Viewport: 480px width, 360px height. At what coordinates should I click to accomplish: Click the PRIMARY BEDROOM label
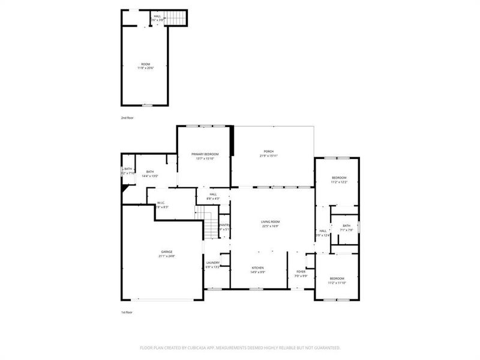click(x=205, y=154)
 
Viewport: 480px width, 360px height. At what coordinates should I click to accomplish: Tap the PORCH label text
click(x=268, y=151)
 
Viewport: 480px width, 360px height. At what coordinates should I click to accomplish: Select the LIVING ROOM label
click(x=270, y=221)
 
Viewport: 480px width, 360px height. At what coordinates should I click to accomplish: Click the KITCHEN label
click(x=257, y=268)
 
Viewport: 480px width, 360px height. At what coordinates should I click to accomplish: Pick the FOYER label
click(x=301, y=272)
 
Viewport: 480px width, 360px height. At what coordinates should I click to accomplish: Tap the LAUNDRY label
click(x=213, y=262)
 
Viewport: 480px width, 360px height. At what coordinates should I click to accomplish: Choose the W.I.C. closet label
click(x=161, y=203)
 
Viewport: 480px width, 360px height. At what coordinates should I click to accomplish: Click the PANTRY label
click(x=224, y=224)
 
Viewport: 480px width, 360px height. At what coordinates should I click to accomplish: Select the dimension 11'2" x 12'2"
click(x=339, y=182)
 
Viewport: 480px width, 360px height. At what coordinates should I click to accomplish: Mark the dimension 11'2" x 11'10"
click(x=337, y=282)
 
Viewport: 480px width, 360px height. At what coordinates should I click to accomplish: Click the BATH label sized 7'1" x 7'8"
click(x=346, y=226)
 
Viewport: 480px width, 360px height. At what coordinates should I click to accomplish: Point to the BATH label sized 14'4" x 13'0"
click(x=149, y=172)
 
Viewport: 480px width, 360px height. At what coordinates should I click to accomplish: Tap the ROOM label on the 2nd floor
click(x=145, y=64)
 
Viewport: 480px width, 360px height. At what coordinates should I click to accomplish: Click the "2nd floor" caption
click(x=127, y=118)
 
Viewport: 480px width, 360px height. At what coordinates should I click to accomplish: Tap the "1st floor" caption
click(x=127, y=313)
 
